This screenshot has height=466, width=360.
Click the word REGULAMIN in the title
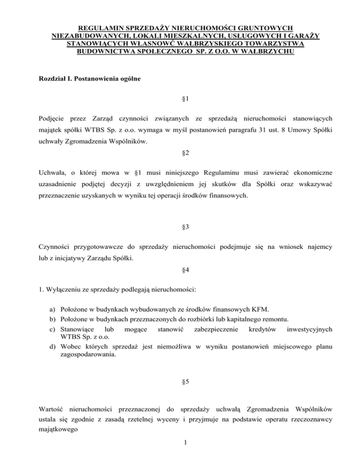99,28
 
